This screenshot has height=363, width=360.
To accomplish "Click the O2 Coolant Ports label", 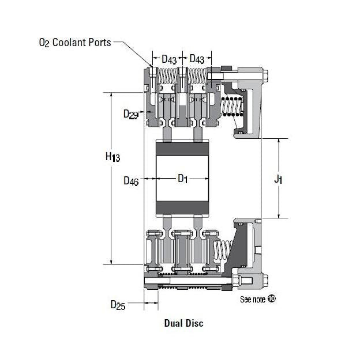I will click(73, 43).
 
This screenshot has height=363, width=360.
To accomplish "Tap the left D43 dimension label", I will click(169, 59).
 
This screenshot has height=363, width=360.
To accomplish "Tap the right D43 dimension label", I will click(197, 59).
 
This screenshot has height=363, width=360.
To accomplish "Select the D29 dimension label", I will click(130, 114).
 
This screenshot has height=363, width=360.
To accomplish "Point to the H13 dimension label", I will click(112, 157).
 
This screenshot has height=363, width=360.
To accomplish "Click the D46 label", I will click(131, 180).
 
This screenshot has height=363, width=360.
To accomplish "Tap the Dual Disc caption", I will click(183, 323).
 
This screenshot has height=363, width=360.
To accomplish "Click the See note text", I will click(253, 300).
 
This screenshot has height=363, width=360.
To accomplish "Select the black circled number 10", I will click(272, 300).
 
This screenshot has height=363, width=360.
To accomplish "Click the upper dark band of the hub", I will click(183, 149).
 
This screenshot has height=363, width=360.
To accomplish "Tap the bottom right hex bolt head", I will click(265, 281).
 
